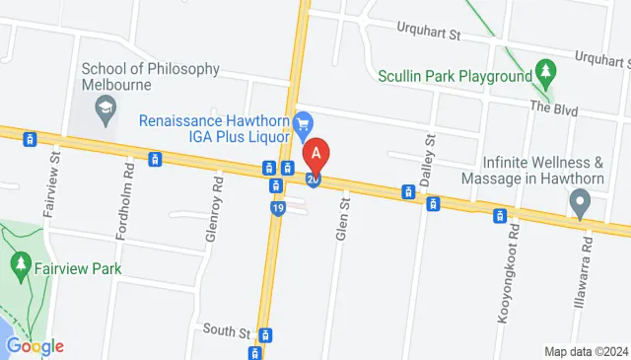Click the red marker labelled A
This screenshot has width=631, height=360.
[x=315, y=155]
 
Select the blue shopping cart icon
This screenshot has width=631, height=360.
[x=305, y=121]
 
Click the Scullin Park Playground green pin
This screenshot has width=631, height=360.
[x=544, y=71]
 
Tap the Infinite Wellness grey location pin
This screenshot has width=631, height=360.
[x=581, y=203]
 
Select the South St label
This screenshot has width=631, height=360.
[x=222, y=330]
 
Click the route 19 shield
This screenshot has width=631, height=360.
[x=279, y=209]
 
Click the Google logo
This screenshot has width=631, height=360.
[x=35, y=346]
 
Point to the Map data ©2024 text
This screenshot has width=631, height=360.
[x=586, y=351]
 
